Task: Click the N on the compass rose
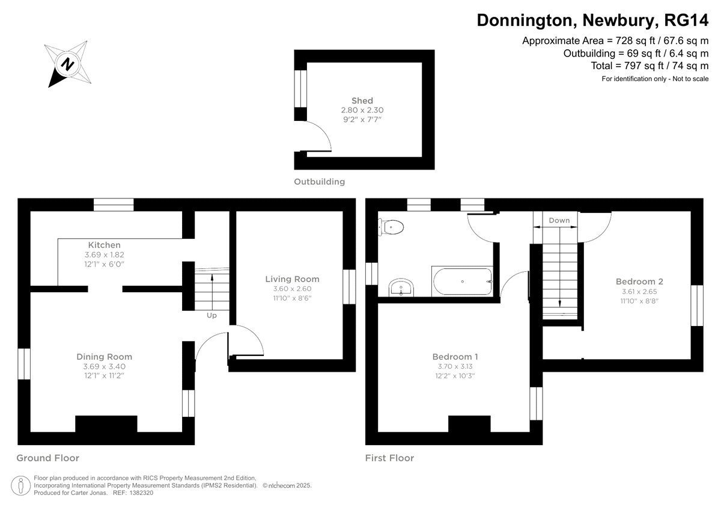coord(68,64)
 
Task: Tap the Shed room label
coord(362,100)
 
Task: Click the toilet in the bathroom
coord(391,227)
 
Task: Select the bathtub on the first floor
coord(462,281)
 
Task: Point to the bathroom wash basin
coord(401,287)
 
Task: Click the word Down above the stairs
coord(559,220)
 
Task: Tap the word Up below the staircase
coord(211,315)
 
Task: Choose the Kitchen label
coord(105,245)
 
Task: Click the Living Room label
coord(292,279)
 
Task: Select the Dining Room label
coord(105,357)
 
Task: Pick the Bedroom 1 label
coord(455,357)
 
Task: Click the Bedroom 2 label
coord(639,281)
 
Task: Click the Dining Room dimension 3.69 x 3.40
coord(105,366)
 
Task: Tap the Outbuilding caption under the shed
coord(319,182)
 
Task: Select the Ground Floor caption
coord(47,458)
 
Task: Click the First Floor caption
coord(389,458)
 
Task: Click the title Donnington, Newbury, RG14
coord(592,20)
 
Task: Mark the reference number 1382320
coord(141,493)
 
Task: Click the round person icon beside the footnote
coord(20,485)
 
